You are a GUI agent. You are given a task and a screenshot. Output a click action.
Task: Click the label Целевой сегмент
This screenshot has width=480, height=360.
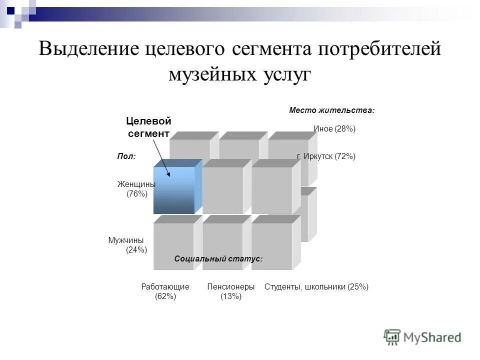[x=148, y=127]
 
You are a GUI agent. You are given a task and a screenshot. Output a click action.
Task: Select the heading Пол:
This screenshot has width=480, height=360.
[x=126, y=156]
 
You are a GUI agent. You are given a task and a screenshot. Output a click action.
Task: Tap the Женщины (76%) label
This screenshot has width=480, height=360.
[x=136, y=189]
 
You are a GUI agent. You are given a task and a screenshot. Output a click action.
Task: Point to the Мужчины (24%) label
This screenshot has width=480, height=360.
[x=127, y=245]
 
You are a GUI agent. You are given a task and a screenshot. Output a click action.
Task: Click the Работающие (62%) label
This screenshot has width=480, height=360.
[x=165, y=291]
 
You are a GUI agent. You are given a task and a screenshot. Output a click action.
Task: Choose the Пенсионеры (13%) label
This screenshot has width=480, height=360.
[x=231, y=291]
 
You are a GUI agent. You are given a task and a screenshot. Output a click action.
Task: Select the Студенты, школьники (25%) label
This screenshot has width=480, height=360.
[x=316, y=287]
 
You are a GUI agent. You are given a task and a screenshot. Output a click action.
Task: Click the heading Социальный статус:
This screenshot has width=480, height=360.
[x=218, y=258]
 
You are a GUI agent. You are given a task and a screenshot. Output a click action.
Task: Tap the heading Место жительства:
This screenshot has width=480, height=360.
[x=332, y=110]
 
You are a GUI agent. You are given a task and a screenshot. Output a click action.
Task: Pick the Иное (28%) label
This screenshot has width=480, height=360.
[x=334, y=129]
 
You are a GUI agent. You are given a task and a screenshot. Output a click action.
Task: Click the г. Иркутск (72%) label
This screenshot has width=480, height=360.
[x=326, y=156]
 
